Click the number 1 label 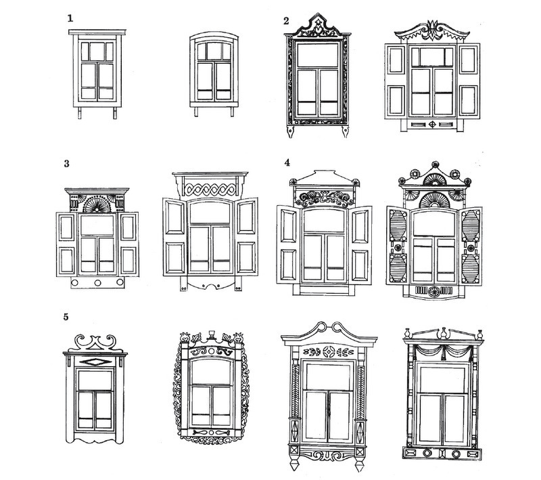70,18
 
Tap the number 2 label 286,21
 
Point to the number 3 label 66,164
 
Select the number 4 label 287,162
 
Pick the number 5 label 66,317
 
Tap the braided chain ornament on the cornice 210,190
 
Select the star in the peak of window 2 318,22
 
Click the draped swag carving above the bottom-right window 444,351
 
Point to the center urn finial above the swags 443,333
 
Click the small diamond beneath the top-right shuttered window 432,125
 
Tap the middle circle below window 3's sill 97,283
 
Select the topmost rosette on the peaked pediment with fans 436,165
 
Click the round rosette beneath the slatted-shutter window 433,292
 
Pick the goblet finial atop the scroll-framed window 211,334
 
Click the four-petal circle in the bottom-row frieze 328,352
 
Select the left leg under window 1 80,113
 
